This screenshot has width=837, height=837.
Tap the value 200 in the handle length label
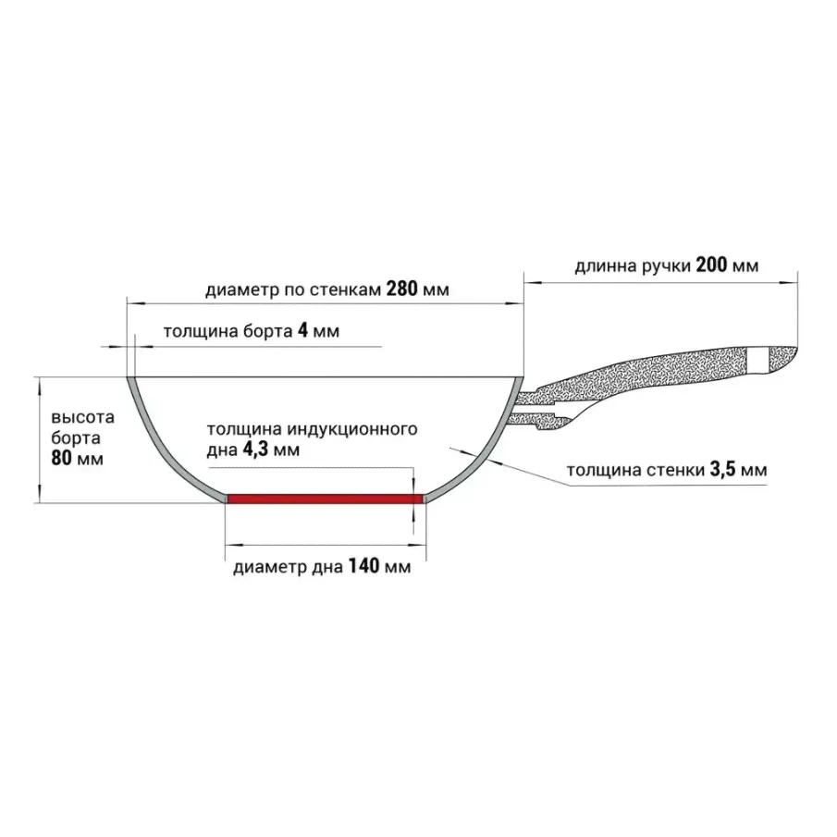coord(710,266)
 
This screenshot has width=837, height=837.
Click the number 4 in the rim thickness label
coord(302,332)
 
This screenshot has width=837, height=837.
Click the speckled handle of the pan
coord(647,375)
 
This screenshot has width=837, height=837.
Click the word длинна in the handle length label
coord(604,266)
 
